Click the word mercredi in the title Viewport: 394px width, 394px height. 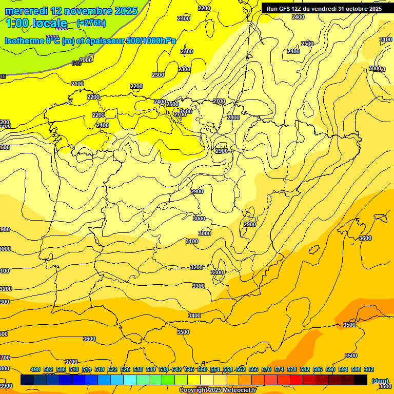[27, 11]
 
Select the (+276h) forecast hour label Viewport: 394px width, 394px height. [91, 23]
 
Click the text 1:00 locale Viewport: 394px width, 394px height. [36, 23]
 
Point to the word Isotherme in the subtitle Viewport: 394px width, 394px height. [24, 41]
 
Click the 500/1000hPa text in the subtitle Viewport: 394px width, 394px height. [152, 41]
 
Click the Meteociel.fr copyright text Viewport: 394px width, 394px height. [218, 390]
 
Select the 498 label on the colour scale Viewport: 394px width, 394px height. [35, 369]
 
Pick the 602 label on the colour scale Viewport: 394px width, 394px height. [369, 369]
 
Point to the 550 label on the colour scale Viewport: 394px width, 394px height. [202, 369]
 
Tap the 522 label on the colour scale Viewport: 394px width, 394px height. [112, 369]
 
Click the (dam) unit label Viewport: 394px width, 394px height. [380, 380]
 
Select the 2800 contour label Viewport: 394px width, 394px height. [233, 117]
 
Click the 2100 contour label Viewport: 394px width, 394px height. [77, 84]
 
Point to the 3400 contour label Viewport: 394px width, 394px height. [194, 316]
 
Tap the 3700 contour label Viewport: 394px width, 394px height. [71, 362]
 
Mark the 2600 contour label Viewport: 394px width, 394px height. [185, 111]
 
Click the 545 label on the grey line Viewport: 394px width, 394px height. [76, 63]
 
